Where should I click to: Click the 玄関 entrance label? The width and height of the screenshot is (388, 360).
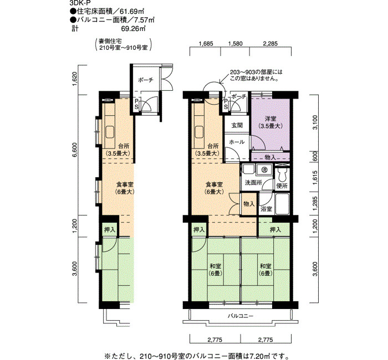pos(237,125)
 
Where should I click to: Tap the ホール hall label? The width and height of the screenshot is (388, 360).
pos(237,142)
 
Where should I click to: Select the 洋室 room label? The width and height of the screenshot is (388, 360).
pos(270,119)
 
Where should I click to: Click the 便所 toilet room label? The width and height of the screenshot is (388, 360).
pos(282,186)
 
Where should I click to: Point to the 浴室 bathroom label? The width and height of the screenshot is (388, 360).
pos(266,209)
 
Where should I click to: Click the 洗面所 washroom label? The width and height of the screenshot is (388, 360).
pos(253,183)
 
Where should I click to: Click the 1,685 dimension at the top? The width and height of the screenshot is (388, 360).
pos(206,44)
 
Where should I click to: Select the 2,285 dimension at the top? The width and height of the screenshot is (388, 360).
pos(270,44)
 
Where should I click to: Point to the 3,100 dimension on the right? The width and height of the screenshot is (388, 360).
pos(315,122)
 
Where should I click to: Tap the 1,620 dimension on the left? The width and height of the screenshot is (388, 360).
pos(74,79)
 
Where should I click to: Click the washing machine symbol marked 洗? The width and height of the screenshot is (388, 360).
pos(264,169)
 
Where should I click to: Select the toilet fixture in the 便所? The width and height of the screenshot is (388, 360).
pos(282,175)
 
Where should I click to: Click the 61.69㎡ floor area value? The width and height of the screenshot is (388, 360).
pos(132,11)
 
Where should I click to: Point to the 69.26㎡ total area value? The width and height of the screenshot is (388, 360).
pos(132,28)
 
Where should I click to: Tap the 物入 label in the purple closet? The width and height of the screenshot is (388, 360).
pos(270,157)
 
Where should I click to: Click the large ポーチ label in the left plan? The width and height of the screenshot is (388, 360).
pos(146,80)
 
